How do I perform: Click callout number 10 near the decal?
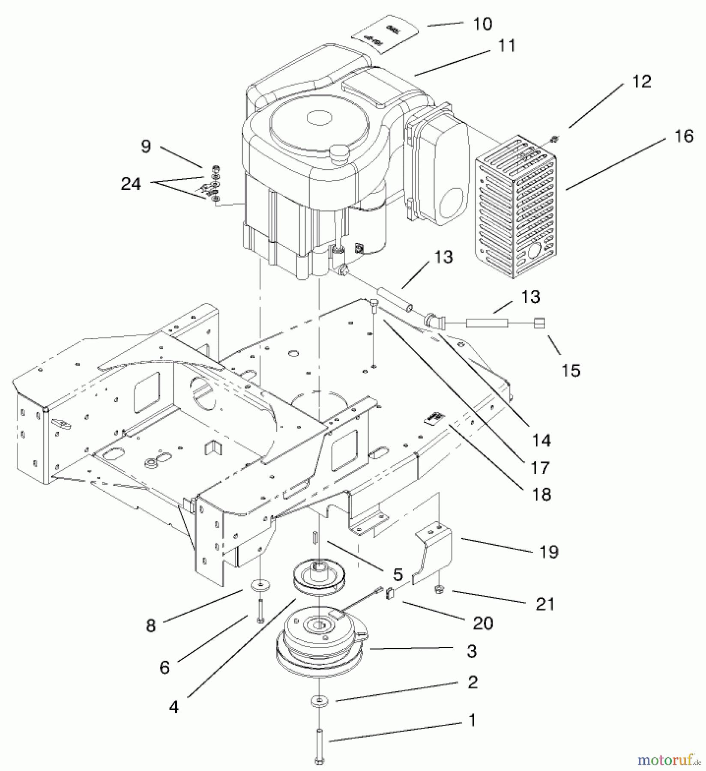pyautogui.click(x=483, y=24)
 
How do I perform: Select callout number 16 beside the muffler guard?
pyautogui.click(x=684, y=136)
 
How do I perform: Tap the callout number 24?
pyautogui.click(x=131, y=184)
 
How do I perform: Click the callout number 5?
pyautogui.click(x=398, y=574)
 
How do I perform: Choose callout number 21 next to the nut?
pyautogui.click(x=545, y=604)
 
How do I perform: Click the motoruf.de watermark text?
pyautogui.click(x=670, y=759)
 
